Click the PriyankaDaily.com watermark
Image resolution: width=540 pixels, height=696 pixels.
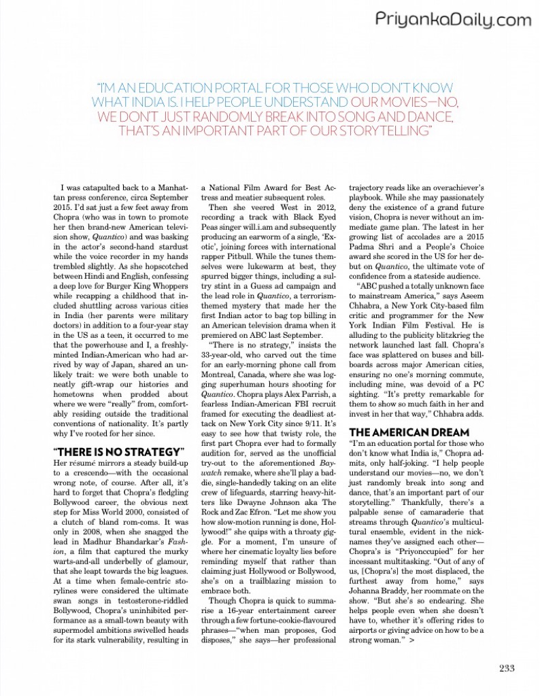point(452,20)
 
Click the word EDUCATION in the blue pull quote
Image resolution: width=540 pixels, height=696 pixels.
point(176,88)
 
